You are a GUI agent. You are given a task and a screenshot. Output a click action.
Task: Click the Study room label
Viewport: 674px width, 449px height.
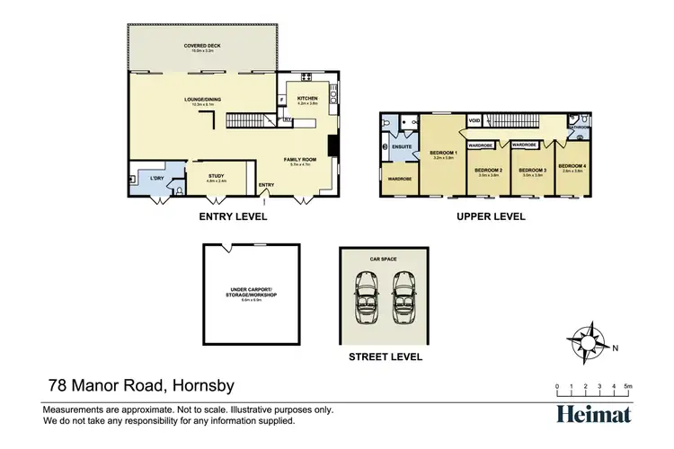217,177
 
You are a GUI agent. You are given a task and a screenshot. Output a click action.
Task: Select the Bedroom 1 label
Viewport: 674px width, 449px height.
444,153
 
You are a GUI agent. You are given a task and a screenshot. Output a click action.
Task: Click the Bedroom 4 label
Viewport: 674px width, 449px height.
572,166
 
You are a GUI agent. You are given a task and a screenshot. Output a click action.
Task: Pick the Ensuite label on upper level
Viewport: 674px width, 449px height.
402,146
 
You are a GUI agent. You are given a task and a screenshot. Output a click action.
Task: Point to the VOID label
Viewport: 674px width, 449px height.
474,119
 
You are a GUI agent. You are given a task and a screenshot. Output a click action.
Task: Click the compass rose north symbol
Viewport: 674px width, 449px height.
590,341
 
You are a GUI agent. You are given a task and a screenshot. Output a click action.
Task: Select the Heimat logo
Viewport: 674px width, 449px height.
593,413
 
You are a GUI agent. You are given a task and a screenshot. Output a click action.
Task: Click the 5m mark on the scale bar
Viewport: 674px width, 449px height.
629,385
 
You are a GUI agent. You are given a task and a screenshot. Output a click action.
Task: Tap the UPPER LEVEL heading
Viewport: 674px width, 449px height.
491,216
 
